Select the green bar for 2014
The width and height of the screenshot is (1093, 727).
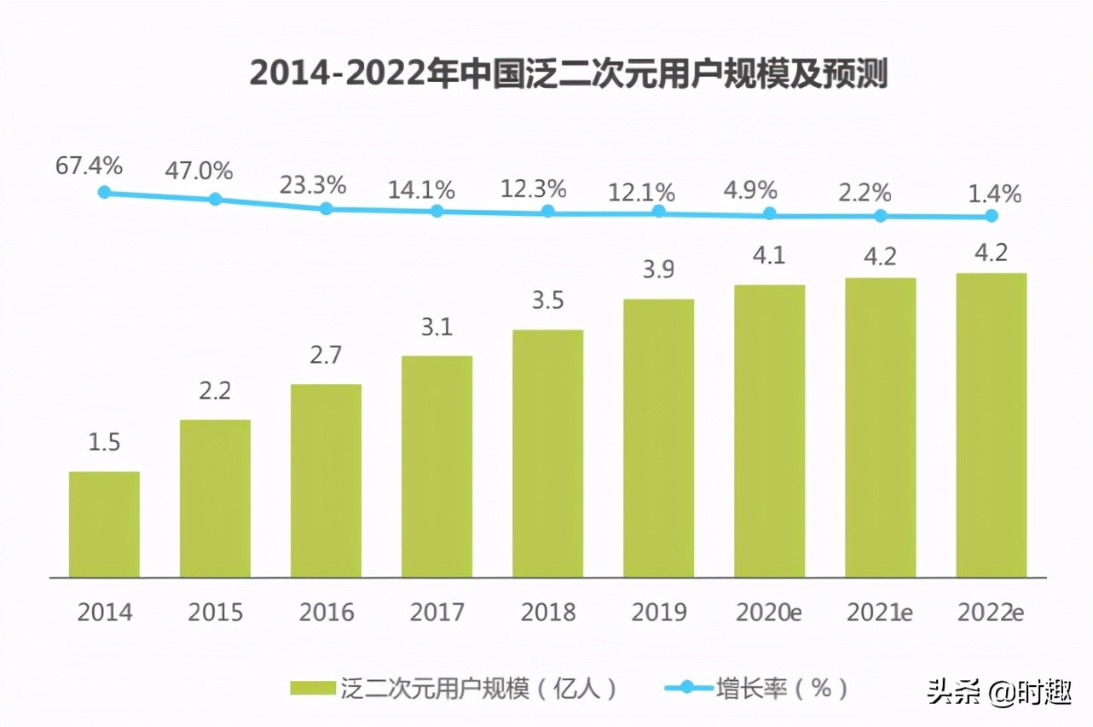104,524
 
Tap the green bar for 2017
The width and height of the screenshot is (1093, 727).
437,466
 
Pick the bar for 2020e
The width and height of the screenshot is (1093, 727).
769,431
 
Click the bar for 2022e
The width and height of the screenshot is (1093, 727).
991,425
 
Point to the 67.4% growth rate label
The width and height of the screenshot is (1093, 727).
90,166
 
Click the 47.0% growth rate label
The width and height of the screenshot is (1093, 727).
199,171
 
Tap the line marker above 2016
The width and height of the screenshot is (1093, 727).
327,208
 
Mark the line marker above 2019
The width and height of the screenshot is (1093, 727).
659,212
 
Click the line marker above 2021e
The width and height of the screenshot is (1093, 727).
881,216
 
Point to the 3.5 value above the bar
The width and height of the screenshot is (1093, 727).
547,301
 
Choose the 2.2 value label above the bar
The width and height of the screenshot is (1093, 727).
215,392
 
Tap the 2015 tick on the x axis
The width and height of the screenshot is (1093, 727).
215,612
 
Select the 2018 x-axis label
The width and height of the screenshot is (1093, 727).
547,612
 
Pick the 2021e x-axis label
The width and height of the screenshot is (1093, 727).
879,612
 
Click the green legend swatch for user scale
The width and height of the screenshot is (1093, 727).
314,688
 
